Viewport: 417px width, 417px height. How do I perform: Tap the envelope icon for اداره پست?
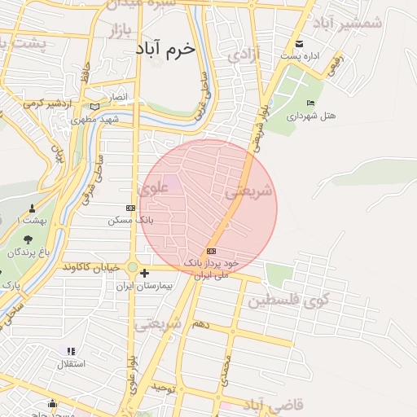click(x=300, y=43)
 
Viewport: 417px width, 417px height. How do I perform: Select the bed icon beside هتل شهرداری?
click(x=310, y=103)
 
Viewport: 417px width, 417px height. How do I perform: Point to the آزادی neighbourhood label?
click(x=244, y=55)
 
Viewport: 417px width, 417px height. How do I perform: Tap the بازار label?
click(x=120, y=31)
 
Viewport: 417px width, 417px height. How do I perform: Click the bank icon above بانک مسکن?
click(x=131, y=208)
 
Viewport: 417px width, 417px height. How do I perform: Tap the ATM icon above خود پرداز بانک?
click(x=212, y=251)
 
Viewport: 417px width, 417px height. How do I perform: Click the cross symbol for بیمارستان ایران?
click(x=144, y=273)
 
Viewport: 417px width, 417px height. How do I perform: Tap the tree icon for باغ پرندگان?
click(x=29, y=239)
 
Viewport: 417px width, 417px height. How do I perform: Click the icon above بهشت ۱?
click(x=32, y=208)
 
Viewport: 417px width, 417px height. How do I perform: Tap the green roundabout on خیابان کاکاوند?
click(x=132, y=266)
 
